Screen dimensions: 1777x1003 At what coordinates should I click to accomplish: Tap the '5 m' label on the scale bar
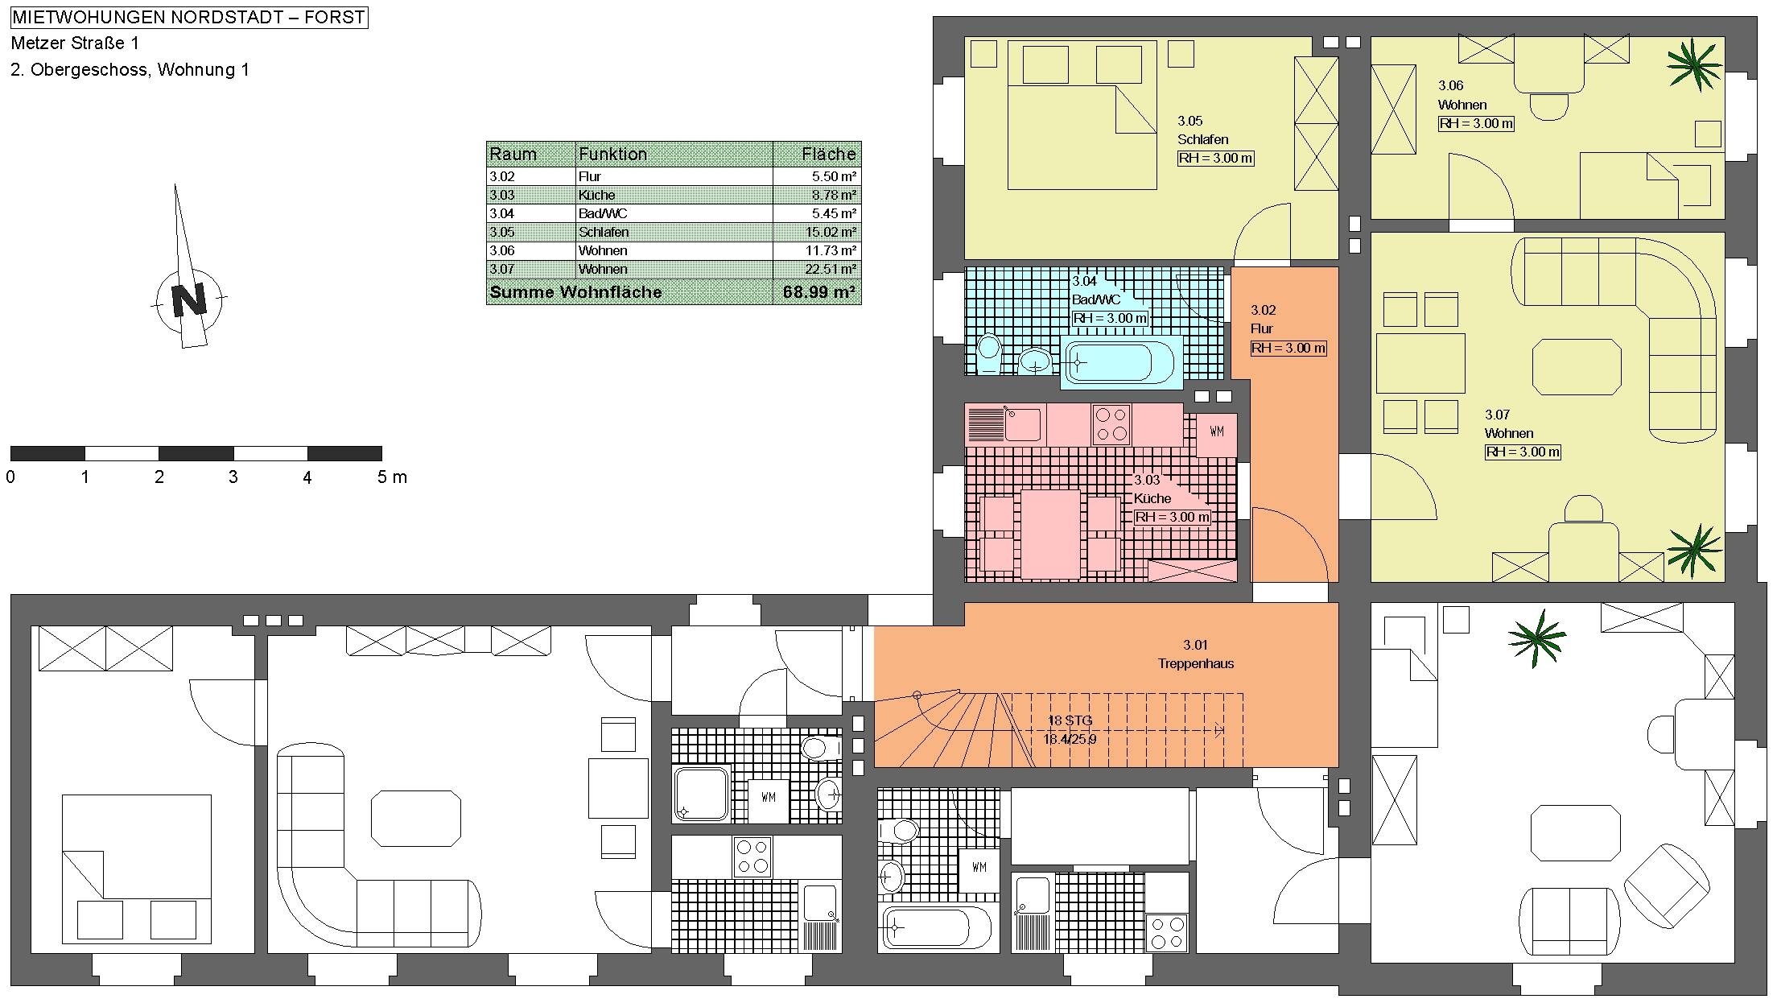392,477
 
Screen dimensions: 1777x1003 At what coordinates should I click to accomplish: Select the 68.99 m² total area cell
818,292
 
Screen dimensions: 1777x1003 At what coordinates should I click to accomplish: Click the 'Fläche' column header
829,154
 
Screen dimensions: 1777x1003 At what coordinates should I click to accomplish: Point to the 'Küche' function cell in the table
596,195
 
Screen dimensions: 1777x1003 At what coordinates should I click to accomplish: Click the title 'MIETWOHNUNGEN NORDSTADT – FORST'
189,17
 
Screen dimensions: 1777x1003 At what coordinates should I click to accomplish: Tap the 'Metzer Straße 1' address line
75,43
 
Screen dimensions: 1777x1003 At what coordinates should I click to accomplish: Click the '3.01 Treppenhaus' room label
1196,654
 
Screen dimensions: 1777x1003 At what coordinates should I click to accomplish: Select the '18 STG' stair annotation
1070,720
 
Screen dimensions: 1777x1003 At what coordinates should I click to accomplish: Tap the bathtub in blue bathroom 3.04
1121,363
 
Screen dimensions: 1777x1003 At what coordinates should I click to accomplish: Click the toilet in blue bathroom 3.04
988,353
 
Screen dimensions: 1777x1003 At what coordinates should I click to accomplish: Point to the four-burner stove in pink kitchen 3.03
1111,424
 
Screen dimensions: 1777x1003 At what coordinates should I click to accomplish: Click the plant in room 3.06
1694,64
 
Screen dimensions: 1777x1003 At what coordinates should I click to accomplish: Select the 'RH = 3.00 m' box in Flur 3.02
1288,349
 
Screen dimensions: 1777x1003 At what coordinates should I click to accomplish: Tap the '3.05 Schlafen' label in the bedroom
1202,130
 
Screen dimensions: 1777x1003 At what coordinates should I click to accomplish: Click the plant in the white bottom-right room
1537,638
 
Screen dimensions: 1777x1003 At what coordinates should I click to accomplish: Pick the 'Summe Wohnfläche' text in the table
575,292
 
